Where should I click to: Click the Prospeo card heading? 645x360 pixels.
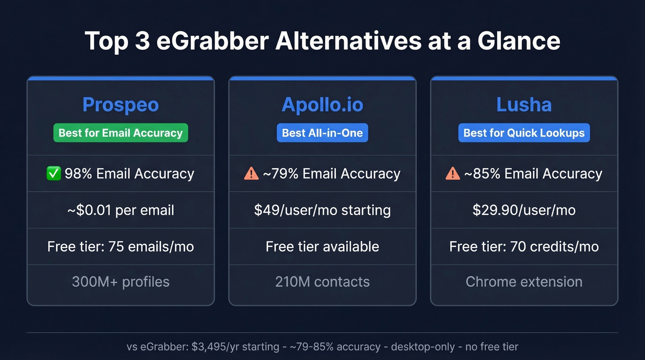point(121,105)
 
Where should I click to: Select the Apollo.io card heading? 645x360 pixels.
point(322,105)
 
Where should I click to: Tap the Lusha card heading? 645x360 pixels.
point(524,105)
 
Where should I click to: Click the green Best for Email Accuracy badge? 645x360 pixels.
point(121,133)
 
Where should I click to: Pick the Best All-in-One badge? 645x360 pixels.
point(322,133)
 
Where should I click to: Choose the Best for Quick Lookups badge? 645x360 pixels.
point(524,133)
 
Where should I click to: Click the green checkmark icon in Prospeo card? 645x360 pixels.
point(54,173)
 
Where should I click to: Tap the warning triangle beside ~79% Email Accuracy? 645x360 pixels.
point(251,173)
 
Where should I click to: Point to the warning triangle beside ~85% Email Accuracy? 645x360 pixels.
point(453,173)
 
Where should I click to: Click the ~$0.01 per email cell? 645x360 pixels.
point(121,210)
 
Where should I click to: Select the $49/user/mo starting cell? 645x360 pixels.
point(322,210)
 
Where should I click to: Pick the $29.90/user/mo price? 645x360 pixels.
point(524,210)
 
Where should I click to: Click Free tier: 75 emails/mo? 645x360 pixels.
point(121,247)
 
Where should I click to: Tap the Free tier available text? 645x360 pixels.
point(322,247)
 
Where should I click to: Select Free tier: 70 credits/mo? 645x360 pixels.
point(524,247)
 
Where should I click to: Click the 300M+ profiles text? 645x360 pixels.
point(121,282)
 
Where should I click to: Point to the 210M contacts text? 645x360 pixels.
point(322,282)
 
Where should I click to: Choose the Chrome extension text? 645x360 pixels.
point(524,282)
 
